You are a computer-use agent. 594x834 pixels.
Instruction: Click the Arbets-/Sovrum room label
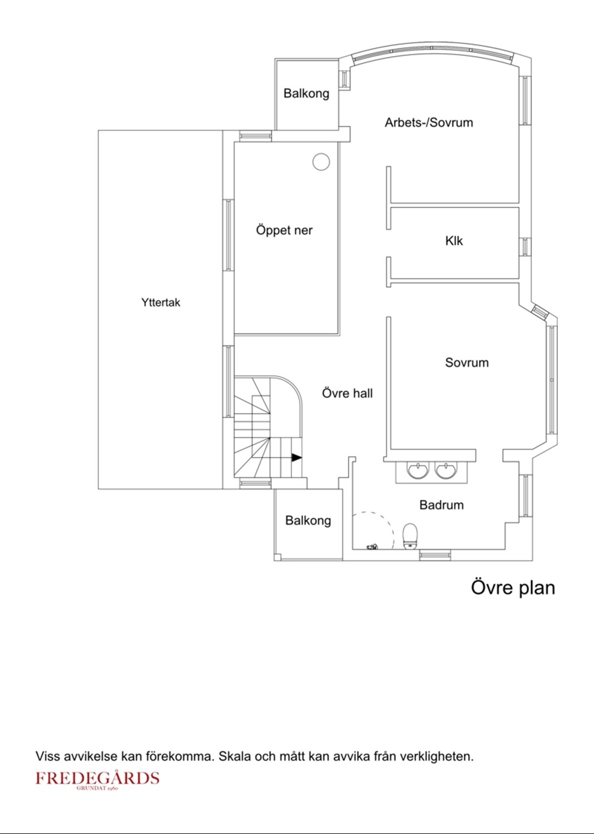(429, 122)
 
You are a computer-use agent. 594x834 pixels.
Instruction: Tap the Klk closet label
(454, 241)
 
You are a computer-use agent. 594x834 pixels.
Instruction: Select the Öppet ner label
(284, 230)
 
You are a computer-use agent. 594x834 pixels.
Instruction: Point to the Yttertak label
(161, 302)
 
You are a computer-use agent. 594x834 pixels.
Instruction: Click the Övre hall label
(347, 393)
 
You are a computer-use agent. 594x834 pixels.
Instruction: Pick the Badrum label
(441, 505)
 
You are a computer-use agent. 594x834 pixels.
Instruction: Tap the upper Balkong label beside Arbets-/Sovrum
(306, 93)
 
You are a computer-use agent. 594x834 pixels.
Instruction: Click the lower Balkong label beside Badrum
(308, 520)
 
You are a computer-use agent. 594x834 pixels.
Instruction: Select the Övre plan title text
(513, 587)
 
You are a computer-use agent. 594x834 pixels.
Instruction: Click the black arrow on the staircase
(296, 458)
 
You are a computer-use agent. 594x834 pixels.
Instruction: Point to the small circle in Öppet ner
(321, 162)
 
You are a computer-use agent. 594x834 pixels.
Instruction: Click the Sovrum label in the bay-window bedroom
(467, 363)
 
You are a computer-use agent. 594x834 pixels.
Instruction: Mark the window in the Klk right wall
(524, 246)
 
